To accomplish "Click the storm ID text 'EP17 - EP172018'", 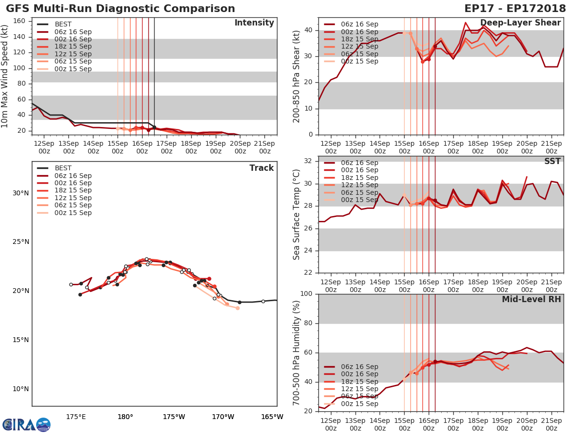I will pyautogui.click(x=515, y=9).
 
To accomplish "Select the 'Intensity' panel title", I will pyautogui.click(x=254, y=23).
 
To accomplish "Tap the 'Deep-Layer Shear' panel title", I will pyautogui.click(x=520, y=23).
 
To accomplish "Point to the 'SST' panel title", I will pyautogui.click(x=552, y=161).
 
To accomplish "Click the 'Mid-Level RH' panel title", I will pyautogui.click(x=531, y=300).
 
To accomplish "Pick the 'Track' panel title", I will pyautogui.click(x=262, y=168).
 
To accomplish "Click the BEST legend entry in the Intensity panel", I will pyautogui.click(x=63, y=25).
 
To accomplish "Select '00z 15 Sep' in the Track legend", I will pyautogui.click(x=73, y=213).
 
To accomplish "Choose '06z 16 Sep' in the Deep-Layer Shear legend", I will pyautogui.click(x=359, y=25).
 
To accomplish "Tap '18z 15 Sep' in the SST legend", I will pyautogui.click(x=359, y=178).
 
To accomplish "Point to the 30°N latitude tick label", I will pyautogui.click(x=21, y=193).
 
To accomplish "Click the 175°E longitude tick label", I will pyautogui.click(x=76, y=417).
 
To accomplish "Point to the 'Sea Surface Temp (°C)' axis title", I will pyautogui.click(x=296, y=215).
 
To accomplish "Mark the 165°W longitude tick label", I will pyautogui.click(x=272, y=417).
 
